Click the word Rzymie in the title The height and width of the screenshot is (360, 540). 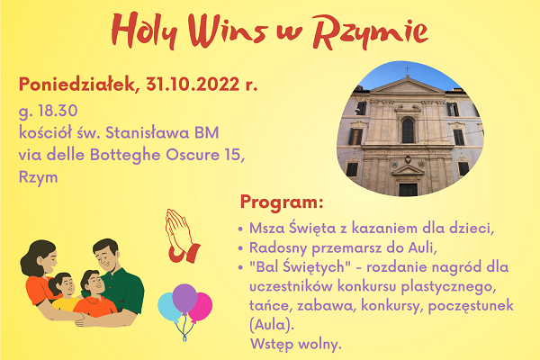pyautogui.click(x=370, y=32)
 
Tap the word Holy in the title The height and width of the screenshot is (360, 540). pyautogui.click(x=145, y=31)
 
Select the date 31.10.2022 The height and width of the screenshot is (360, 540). pyautogui.click(x=193, y=84)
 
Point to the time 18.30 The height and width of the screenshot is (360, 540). pyautogui.click(x=58, y=111)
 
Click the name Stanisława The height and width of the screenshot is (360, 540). pyautogui.click(x=147, y=132)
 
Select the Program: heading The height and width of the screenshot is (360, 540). pyautogui.click(x=282, y=202)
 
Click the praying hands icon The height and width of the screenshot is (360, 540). pyautogui.click(x=182, y=237)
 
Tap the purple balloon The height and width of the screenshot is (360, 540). pyautogui.click(x=184, y=298)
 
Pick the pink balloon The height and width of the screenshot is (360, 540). pyautogui.click(x=202, y=307)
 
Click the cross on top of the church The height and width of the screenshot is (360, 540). pyautogui.click(x=408, y=70)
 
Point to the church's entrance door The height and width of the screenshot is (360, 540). pyautogui.click(x=408, y=190)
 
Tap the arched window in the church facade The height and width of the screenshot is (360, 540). pyautogui.click(x=408, y=130)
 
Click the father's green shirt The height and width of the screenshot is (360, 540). pyautogui.click(x=126, y=290)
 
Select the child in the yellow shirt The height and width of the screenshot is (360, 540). pyautogui.click(x=64, y=292)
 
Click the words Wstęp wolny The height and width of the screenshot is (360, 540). pyautogui.click(x=296, y=344)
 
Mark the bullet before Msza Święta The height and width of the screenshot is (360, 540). pyautogui.click(x=240, y=229)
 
